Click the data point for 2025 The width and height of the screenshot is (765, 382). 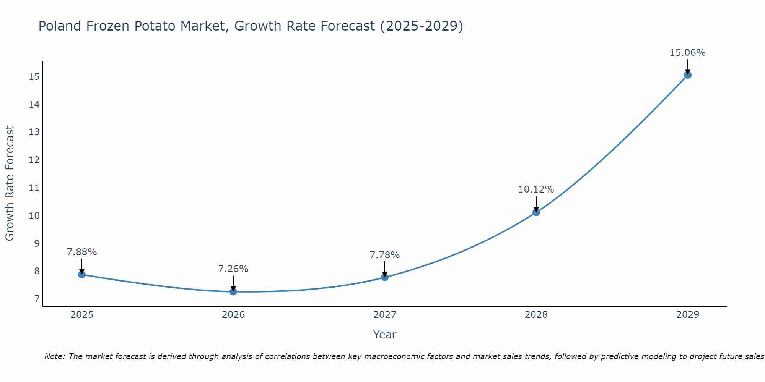[81, 274]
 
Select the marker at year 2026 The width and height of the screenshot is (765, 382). [233, 291]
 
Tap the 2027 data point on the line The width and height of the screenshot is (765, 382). [385, 277]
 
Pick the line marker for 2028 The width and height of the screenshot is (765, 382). [536, 212]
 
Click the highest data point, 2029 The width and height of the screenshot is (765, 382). [688, 75]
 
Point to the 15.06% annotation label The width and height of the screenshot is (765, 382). [687, 53]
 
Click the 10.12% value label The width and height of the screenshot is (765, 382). [536, 189]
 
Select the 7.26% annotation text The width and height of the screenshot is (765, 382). [233, 269]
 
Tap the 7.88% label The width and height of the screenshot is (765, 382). [82, 252]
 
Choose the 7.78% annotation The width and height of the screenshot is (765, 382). [385, 255]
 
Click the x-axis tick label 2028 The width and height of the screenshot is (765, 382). [536, 315]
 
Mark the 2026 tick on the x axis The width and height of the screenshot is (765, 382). [233, 315]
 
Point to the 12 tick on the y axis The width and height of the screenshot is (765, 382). [34, 160]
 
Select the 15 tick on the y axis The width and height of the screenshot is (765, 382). [34, 77]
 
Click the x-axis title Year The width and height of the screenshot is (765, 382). [384, 335]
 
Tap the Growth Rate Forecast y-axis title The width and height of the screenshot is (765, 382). [10, 183]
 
